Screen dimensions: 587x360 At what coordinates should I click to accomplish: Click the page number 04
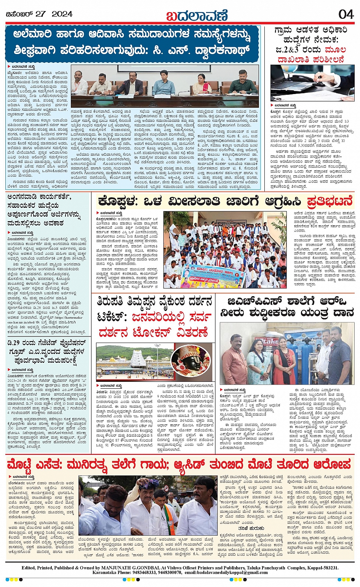tap(346, 14)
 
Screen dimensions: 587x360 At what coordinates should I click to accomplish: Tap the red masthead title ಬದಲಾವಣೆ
tap(197, 15)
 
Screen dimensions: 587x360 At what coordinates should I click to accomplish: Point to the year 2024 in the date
tap(62, 14)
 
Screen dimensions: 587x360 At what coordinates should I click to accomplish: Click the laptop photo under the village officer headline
tap(312, 83)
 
